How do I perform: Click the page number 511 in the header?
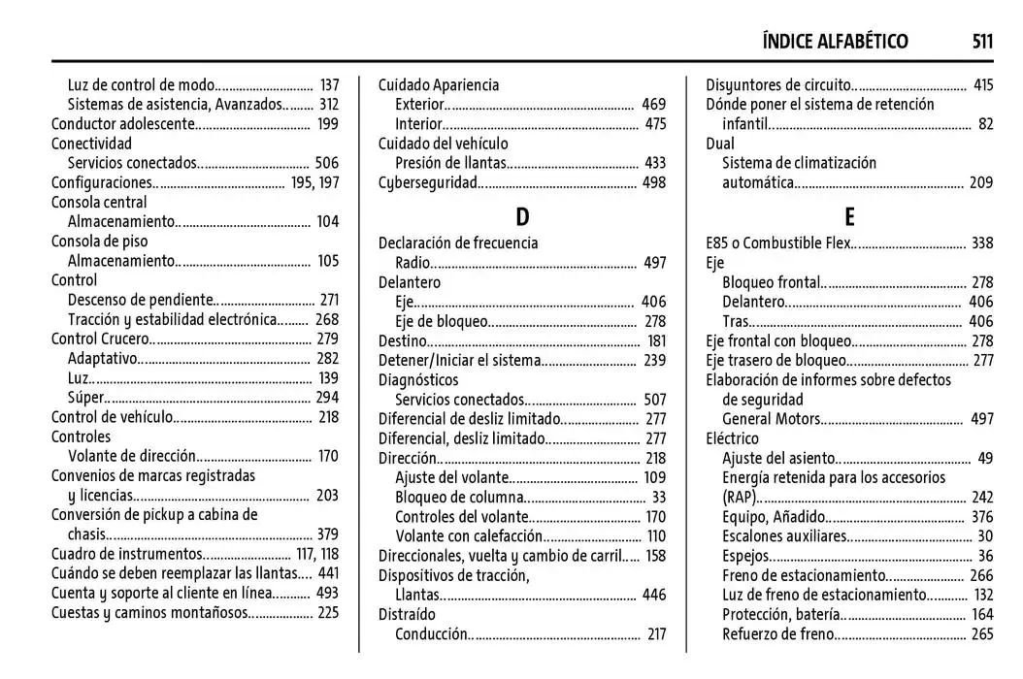[981, 41]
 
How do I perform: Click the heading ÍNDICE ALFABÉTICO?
[835, 41]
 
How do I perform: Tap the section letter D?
[522, 218]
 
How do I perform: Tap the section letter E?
[849, 218]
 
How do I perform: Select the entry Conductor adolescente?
[124, 124]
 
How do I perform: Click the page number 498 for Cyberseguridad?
[654, 183]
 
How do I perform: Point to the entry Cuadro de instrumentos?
[127, 554]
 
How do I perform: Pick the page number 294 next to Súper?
[327, 398]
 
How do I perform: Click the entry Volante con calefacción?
[468, 536]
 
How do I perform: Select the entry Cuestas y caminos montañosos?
[149, 613]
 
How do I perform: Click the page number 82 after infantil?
[986, 124]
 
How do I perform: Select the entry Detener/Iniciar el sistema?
[459, 360]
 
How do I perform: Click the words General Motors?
[772, 419]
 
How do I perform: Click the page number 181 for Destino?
[656, 340]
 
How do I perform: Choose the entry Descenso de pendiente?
[141, 300]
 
